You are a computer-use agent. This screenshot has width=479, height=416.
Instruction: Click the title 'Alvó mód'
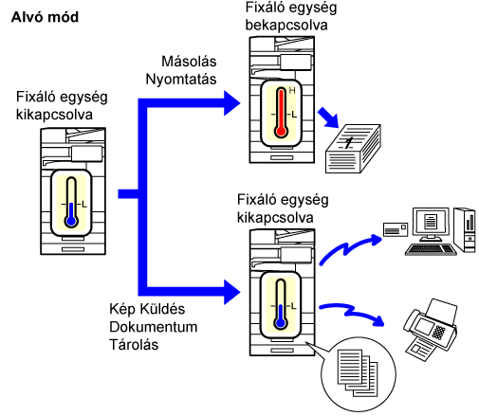coord(45,17)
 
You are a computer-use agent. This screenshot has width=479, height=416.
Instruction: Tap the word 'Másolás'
coord(189,62)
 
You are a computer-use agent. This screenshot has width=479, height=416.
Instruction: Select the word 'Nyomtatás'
coord(181,80)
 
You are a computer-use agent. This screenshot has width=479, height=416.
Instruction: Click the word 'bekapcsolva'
coord(286,26)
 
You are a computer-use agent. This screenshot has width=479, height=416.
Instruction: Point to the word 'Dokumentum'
coord(154,327)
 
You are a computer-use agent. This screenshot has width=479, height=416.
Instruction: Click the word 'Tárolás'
coord(134,344)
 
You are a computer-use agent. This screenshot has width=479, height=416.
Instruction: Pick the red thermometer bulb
coord(281,132)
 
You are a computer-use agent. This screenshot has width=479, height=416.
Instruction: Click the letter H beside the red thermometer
coord(292,91)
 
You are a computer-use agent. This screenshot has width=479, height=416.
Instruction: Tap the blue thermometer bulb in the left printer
coord(71,221)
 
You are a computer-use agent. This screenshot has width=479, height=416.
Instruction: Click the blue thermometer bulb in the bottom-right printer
coord(281,323)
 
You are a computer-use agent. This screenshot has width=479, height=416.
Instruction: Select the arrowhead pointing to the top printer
coord(232,103)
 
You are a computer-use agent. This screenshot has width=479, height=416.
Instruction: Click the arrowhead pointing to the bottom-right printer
coord(232,292)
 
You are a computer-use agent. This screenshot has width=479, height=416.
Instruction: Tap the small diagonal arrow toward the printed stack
coord(328,118)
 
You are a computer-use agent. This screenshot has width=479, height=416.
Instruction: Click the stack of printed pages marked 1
coord(353,149)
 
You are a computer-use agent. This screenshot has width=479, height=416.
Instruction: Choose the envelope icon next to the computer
coord(396,229)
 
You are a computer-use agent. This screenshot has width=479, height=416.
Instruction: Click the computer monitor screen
coord(431,221)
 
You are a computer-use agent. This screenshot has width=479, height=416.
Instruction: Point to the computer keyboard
coord(431,249)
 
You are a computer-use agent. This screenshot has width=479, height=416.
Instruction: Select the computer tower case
coord(465,229)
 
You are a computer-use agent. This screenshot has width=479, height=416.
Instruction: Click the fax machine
coord(431,329)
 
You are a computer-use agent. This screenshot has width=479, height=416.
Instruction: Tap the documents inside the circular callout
coord(358,372)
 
